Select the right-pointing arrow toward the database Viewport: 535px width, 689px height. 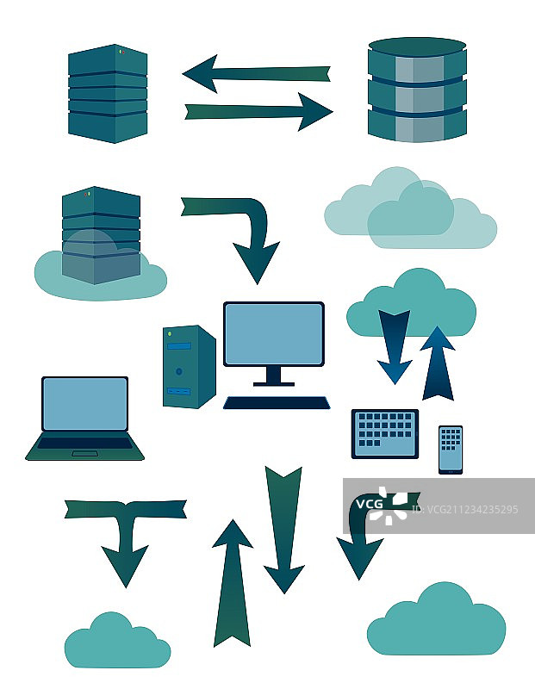coord(258,111)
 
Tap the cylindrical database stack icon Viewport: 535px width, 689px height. coord(417,90)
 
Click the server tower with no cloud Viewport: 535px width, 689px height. coord(108,93)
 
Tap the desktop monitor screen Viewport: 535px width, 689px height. coord(273,334)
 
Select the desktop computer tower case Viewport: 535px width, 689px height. coord(189,366)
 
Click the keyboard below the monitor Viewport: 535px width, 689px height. coord(277,402)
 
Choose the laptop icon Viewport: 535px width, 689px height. coord(85,418)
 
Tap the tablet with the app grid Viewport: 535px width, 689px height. coord(384,433)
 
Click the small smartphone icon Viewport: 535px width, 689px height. coord(450,449)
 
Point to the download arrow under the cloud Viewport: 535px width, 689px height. coord(395,345)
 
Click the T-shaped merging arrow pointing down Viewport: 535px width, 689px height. coord(126,534)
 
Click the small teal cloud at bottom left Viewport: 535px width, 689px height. coord(116,642)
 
